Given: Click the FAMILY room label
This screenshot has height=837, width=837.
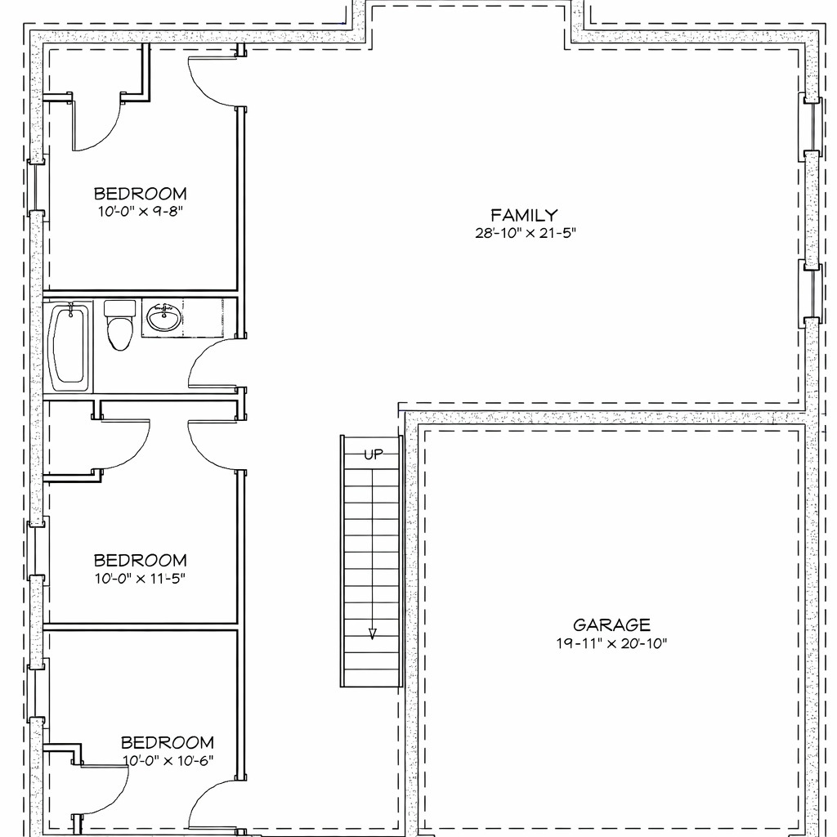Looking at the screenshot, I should [524, 215].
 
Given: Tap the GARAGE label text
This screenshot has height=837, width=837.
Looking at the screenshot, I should [611, 625].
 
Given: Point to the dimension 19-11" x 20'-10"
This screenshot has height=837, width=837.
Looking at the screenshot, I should [611, 643].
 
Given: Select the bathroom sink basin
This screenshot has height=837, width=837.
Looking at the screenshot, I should [164, 317].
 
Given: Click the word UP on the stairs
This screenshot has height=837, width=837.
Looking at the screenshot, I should [373, 455].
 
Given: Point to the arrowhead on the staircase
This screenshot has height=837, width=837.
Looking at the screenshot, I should [373, 633].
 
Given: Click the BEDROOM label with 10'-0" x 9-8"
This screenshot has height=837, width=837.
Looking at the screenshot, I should [140, 194].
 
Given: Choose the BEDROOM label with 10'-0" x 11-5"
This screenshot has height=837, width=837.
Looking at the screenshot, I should [140, 561].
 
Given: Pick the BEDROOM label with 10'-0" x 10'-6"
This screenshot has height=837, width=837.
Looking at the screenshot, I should [168, 742].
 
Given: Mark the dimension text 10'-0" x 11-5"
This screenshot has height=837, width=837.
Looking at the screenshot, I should [140, 579].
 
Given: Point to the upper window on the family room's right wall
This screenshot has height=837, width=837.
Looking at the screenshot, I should [810, 127].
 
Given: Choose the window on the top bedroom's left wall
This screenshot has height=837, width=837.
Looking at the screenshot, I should [36, 186].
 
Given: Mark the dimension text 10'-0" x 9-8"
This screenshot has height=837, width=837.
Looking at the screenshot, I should [140, 211].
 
